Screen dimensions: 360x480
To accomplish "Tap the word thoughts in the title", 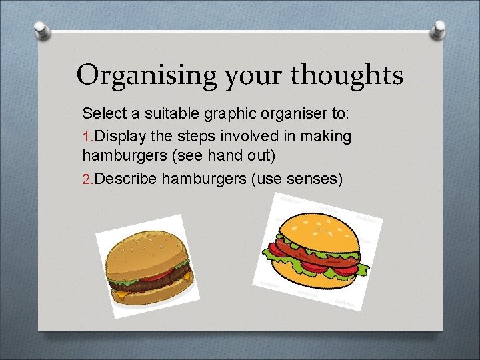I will tap(346, 75).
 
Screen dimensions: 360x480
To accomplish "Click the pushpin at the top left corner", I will tap(40, 29).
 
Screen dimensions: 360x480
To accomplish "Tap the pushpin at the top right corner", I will tap(439, 29).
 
